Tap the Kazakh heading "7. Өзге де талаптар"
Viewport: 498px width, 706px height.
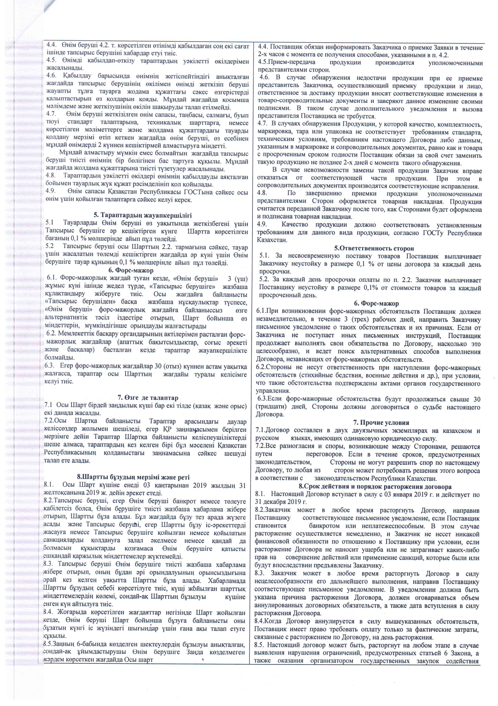[148, 398]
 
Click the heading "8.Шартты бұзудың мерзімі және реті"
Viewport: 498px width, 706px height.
[133, 477]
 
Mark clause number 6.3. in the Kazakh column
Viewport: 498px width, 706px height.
[50, 366]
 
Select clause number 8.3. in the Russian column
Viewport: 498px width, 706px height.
[260, 573]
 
